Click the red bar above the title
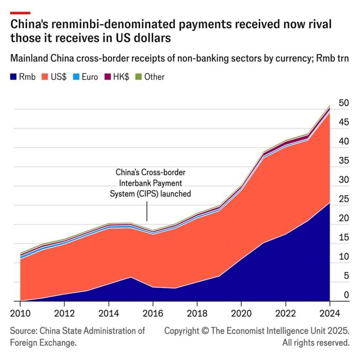tap(20, 13)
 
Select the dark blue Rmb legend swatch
tap(13, 76)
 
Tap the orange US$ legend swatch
tap(45, 76)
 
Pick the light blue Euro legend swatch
tap(76, 76)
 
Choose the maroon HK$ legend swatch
tap(108, 76)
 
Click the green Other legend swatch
tap(139, 76)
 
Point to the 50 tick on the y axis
tap(344, 103)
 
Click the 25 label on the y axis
tap(344, 199)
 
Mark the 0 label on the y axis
tap(346, 295)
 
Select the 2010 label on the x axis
tap(20, 313)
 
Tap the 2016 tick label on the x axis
tap(153, 313)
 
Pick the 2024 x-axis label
tap(330, 313)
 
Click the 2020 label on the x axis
tap(241, 313)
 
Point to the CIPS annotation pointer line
tap(147, 211)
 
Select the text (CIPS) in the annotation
tap(148, 194)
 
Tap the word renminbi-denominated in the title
tap(113, 24)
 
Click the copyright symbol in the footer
tap(205, 331)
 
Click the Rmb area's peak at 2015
tap(130, 277)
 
